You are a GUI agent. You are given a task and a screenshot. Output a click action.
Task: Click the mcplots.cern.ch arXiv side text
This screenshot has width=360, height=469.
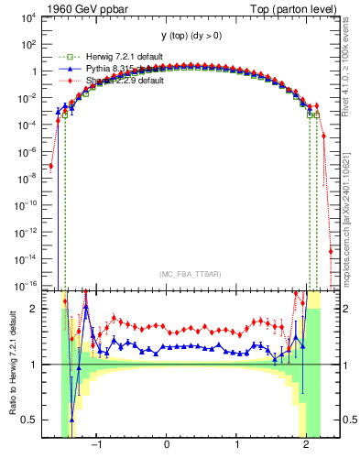[350, 205]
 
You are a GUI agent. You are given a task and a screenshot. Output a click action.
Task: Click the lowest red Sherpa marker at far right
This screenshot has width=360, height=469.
[330, 250]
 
